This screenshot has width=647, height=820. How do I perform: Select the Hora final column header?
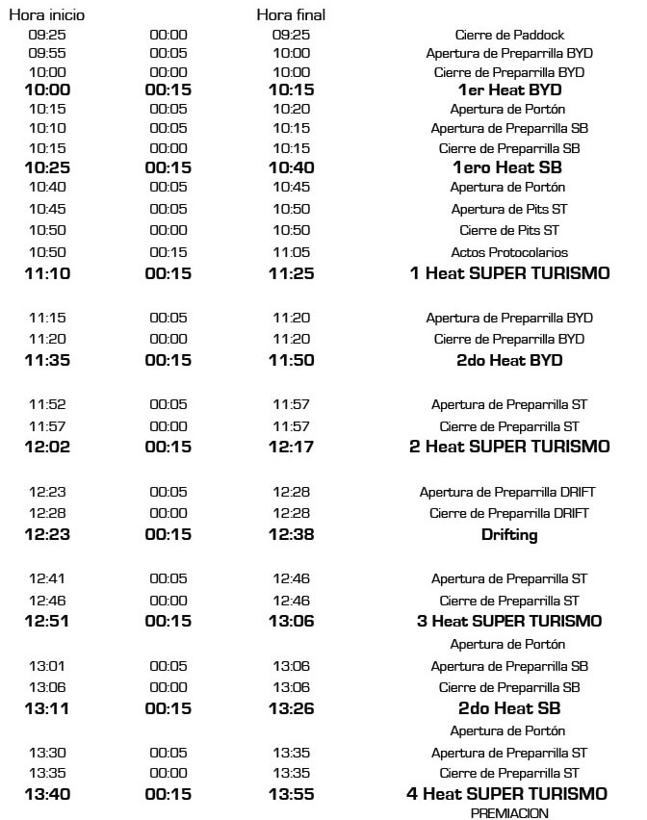[x=291, y=15]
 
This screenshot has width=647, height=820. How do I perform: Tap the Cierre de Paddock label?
[x=509, y=35]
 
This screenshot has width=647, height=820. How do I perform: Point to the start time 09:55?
[x=47, y=53]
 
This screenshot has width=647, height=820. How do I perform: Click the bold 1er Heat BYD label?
[x=509, y=90]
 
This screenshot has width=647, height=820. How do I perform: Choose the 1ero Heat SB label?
[x=509, y=167]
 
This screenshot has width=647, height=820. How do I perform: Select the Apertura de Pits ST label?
[x=509, y=209]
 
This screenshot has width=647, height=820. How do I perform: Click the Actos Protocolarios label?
[x=509, y=252]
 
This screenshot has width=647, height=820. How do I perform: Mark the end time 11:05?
[x=292, y=252]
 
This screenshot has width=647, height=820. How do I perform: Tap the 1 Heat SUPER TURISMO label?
[x=509, y=273]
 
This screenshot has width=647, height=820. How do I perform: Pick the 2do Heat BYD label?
[x=509, y=361]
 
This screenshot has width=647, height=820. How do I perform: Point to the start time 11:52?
[x=47, y=404]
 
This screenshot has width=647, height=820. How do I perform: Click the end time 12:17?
[x=292, y=447]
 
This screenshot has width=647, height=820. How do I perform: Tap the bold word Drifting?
[x=509, y=534]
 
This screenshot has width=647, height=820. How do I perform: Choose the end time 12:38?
[x=292, y=534]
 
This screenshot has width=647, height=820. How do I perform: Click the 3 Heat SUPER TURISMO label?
[x=509, y=621]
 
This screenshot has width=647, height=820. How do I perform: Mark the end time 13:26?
[x=292, y=708]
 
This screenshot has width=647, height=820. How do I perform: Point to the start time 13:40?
[x=47, y=794]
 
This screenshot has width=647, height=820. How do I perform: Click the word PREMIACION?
[x=509, y=813]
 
